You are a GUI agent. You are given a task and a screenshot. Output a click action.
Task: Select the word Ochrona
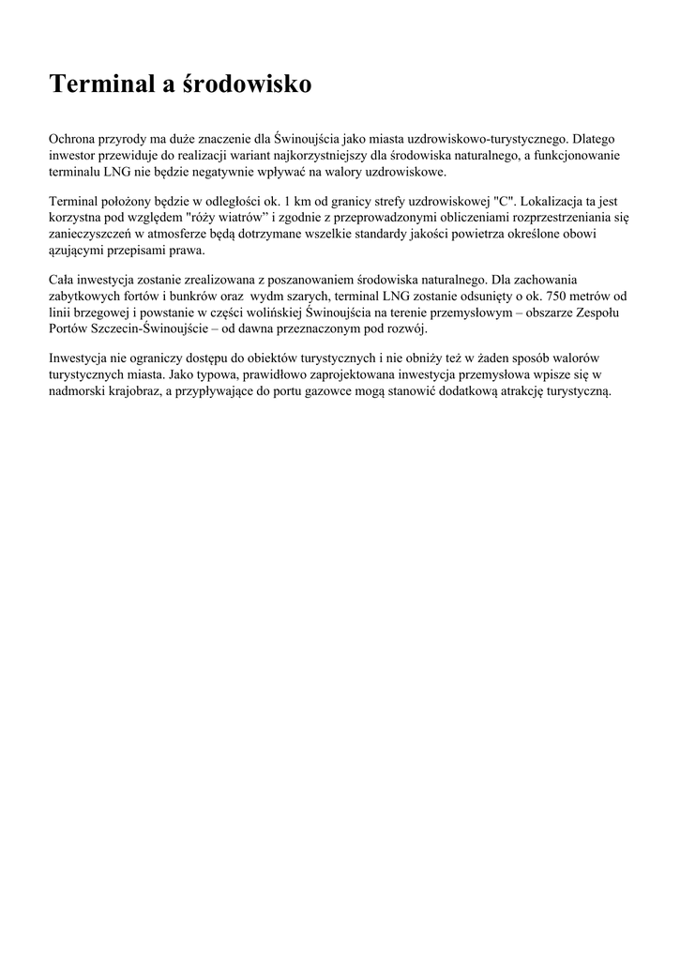[73, 139]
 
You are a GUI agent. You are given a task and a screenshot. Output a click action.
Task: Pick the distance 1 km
[284, 202]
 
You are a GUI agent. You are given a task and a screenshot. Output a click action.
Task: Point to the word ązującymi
[79, 252]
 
